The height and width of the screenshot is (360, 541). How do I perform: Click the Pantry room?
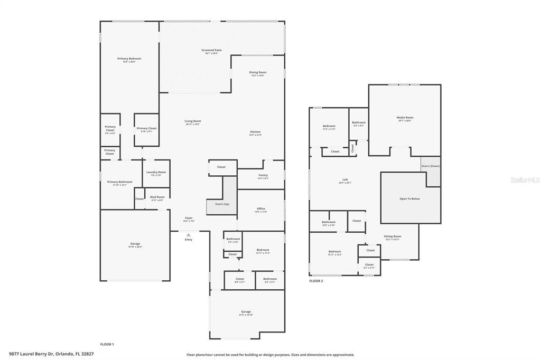pyautogui.click(x=263, y=176)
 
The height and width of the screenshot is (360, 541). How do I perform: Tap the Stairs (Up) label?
pyautogui.click(x=221, y=204)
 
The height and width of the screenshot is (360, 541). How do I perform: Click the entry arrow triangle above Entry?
pyautogui.click(x=189, y=235)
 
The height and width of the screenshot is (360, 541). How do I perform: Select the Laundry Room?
pyautogui.click(x=156, y=173)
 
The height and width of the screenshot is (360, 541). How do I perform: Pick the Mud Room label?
pyautogui.click(x=157, y=198)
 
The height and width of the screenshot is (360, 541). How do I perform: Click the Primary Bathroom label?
pyautogui.click(x=116, y=183)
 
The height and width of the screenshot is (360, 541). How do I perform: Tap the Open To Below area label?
pyautogui.click(x=409, y=199)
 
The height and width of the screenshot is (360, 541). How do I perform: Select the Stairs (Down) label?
pyautogui.click(x=430, y=166)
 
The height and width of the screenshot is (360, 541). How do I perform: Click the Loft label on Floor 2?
pyautogui.click(x=345, y=181)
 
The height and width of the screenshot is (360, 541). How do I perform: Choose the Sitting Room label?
pyautogui.click(x=393, y=238)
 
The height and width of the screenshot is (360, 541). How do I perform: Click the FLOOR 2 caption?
pyautogui.click(x=316, y=281)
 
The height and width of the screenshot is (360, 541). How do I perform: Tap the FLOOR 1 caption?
pyautogui.click(x=107, y=344)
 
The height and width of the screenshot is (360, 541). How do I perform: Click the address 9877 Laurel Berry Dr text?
pyautogui.click(x=51, y=354)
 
